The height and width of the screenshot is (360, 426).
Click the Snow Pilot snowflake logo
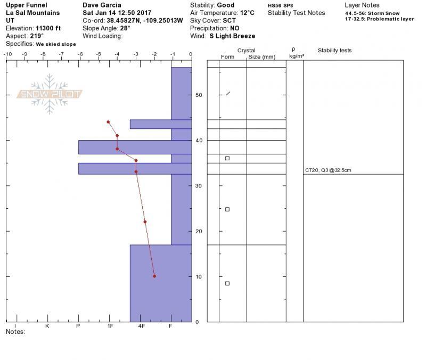[x=50, y=94]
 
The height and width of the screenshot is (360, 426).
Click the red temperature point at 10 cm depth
[x=154, y=276]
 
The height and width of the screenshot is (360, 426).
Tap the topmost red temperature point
[x=108, y=122]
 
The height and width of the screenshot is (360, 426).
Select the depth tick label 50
[x=199, y=95]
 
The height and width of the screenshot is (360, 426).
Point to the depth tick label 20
[x=199, y=231]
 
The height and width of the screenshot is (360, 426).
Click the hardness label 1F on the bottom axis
[x=110, y=326]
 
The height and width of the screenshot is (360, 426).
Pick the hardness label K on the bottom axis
[x=47, y=326]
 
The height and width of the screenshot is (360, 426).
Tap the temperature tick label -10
[x=8, y=54]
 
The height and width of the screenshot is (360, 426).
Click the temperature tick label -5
[x=99, y=54]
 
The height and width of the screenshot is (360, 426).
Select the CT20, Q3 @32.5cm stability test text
[x=328, y=170]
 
